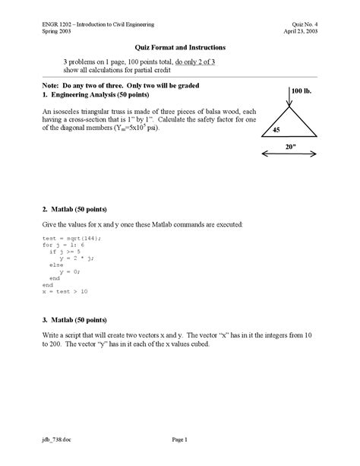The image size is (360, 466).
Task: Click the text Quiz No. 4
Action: click(317, 24)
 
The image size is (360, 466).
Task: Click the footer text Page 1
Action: click(179, 439)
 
